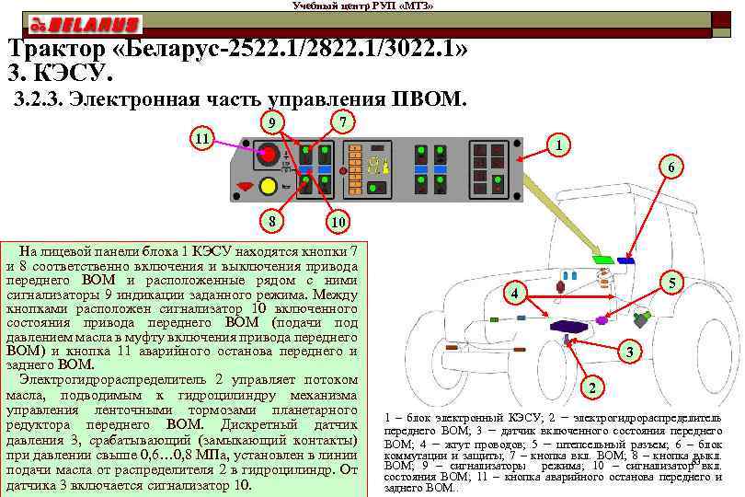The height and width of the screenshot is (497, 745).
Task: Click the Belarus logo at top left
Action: pyautogui.click(x=84, y=24)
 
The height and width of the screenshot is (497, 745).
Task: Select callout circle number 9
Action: pyautogui.click(x=269, y=122)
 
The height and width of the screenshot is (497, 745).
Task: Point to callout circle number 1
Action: pyautogui.click(x=561, y=145)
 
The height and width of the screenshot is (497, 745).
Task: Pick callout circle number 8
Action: pyautogui.click(x=269, y=222)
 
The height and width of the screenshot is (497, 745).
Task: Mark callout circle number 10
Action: pyautogui.click(x=339, y=222)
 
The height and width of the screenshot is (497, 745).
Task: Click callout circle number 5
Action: pyautogui.click(x=673, y=284)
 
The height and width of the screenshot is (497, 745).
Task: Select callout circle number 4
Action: pyautogui.click(x=517, y=295)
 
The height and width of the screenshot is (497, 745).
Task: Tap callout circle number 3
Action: pyautogui.click(x=629, y=352)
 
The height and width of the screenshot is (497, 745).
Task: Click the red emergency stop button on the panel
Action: pyautogui.click(x=268, y=155)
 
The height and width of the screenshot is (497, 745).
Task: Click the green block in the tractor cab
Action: pyautogui.click(x=603, y=260)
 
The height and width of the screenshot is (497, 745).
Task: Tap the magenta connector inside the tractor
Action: pyautogui.click(x=602, y=320)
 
